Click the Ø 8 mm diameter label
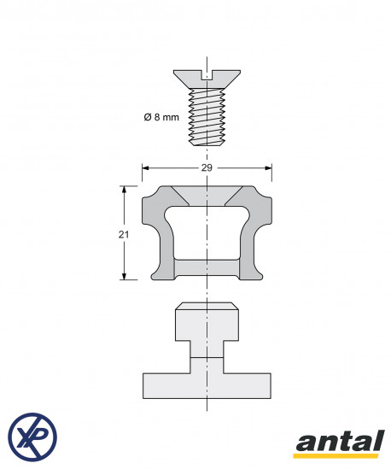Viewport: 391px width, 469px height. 161,117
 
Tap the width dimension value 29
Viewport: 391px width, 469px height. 207,168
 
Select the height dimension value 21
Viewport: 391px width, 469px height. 124,235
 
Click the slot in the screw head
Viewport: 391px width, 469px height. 207,75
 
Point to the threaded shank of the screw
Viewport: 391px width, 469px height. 207,117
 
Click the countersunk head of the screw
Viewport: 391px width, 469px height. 207,79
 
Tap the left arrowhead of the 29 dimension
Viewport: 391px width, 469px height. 146,168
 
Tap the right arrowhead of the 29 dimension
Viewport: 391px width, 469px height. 268,168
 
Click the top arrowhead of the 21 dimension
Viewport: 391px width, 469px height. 124,190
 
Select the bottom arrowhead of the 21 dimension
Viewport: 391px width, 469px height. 124,276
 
